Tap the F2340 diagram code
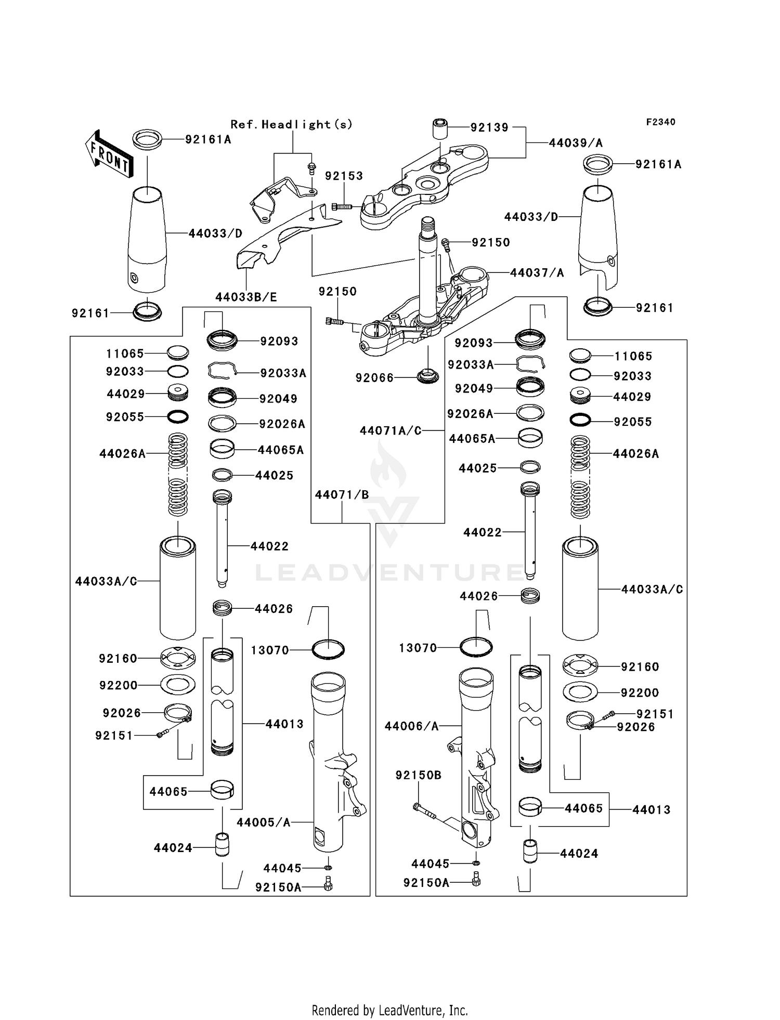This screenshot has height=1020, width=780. tap(660, 122)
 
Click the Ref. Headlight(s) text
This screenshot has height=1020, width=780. tap(291, 125)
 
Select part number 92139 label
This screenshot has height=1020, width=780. tap(489, 128)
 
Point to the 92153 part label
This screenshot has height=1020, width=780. tap(344, 176)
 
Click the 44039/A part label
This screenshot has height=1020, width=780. tap(576, 143)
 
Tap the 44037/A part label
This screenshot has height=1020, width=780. tap(537, 273)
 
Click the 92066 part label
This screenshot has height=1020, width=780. tap(374, 378)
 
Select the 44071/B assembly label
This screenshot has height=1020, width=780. tap(342, 495)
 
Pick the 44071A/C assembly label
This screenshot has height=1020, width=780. tap(390, 431)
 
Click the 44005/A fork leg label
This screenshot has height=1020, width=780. tap(263, 822)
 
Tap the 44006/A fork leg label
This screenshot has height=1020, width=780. tap(411, 726)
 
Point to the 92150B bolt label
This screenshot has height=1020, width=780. tap(418, 776)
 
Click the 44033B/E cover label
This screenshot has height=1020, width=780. tap(246, 297)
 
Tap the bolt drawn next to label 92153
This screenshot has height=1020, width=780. tap(341, 207)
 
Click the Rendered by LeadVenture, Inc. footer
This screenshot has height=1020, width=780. tap(389, 1010)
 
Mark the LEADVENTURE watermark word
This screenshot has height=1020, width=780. tap(390, 573)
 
